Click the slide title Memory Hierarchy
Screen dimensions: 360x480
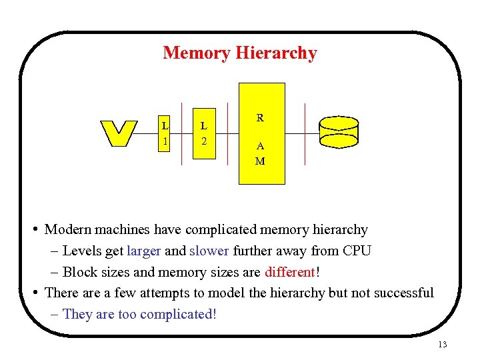[x=240, y=53]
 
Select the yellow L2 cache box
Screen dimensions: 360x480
[x=204, y=133]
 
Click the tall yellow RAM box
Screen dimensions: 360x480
[x=262, y=133]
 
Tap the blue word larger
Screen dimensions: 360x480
[x=144, y=251]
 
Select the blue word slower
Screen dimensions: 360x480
[x=209, y=251]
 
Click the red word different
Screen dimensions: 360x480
[x=290, y=272]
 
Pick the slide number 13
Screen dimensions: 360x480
[x=442, y=345]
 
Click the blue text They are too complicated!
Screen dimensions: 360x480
[x=139, y=314]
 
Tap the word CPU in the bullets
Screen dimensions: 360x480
[x=357, y=251]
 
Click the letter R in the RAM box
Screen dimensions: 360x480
[x=260, y=118]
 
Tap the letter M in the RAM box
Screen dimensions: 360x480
[x=260, y=161]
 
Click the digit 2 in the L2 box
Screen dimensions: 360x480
[x=204, y=141]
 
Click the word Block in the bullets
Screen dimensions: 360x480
[x=79, y=272]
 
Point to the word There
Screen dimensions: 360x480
[x=61, y=293]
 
